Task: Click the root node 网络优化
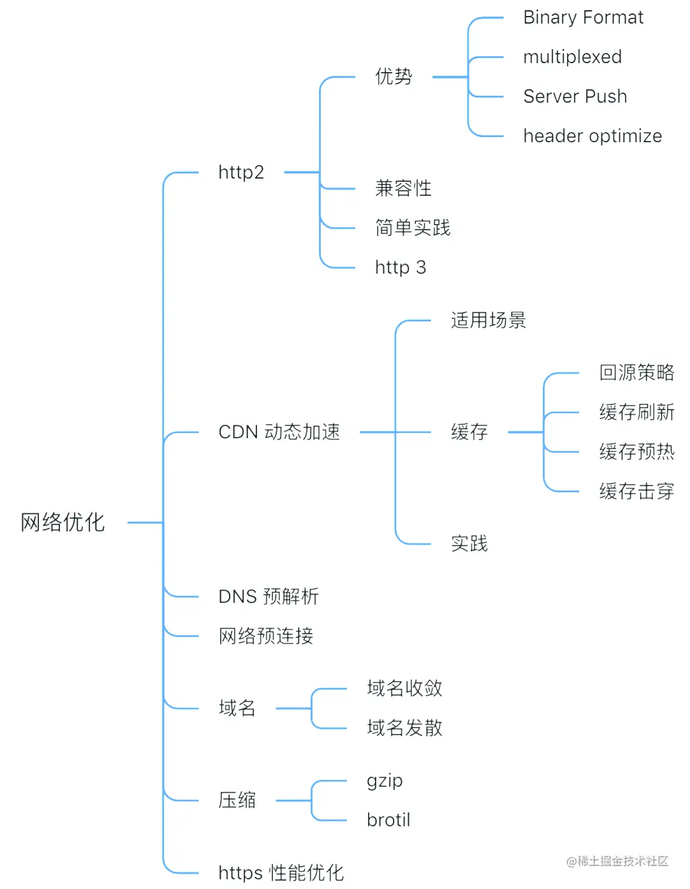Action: pyautogui.click(x=62, y=522)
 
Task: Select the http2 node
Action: pyautogui.click(x=241, y=172)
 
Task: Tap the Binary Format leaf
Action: pyautogui.click(x=583, y=18)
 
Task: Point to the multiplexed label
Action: pyautogui.click(x=572, y=57)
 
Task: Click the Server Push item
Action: pyautogui.click(x=575, y=97)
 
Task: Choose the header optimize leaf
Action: pyautogui.click(x=592, y=136)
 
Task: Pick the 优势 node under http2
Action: pyautogui.click(x=393, y=77)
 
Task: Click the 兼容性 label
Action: pyautogui.click(x=403, y=188)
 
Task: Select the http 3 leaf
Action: pyautogui.click(x=400, y=267)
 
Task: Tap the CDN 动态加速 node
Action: pyautogui.click(x=279, y=432)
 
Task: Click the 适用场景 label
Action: pyautogui.click(x=488, y=320)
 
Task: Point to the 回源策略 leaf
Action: pyautogui.click(x=636, y=373)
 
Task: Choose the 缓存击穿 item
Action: pyautogui.click(x=636, y=492)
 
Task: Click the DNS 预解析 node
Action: pyautogui.click(x=268, y=597)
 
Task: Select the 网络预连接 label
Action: pyautogui.click(x=265, y=636)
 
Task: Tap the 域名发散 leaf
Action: pyautogui.click(x=404, y=728)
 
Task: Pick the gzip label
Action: pyautogui.click(x=385, y=781)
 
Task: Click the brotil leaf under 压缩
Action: pyautogui.click(x=388, y=820)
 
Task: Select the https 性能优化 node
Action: pyautogui.click(x=281, y=873)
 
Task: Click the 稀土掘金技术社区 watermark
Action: pyautogui.click(x=617, y=862)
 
